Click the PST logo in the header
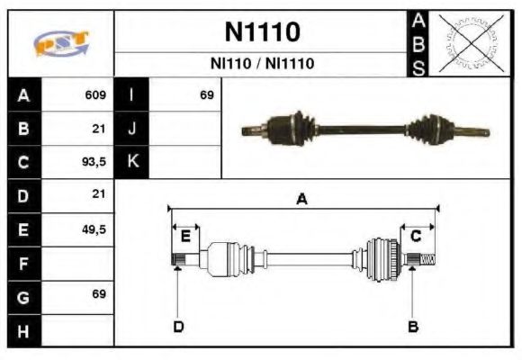(x=61, y=43)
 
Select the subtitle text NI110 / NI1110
(x=262, y=64)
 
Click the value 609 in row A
(x=95, y=95)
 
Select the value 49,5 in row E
(x=94, y=229)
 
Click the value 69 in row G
(x=98, y=295)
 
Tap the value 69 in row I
(x=206, y=95)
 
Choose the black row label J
(x=131, y=129)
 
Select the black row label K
(x=131, y=162)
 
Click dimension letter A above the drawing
(x=302, y=200)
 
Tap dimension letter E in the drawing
(x=185, y=237)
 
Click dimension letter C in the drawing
(x=416, y=237)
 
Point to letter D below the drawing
(x=178, y=326)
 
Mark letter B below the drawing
(x=413, y=326)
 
